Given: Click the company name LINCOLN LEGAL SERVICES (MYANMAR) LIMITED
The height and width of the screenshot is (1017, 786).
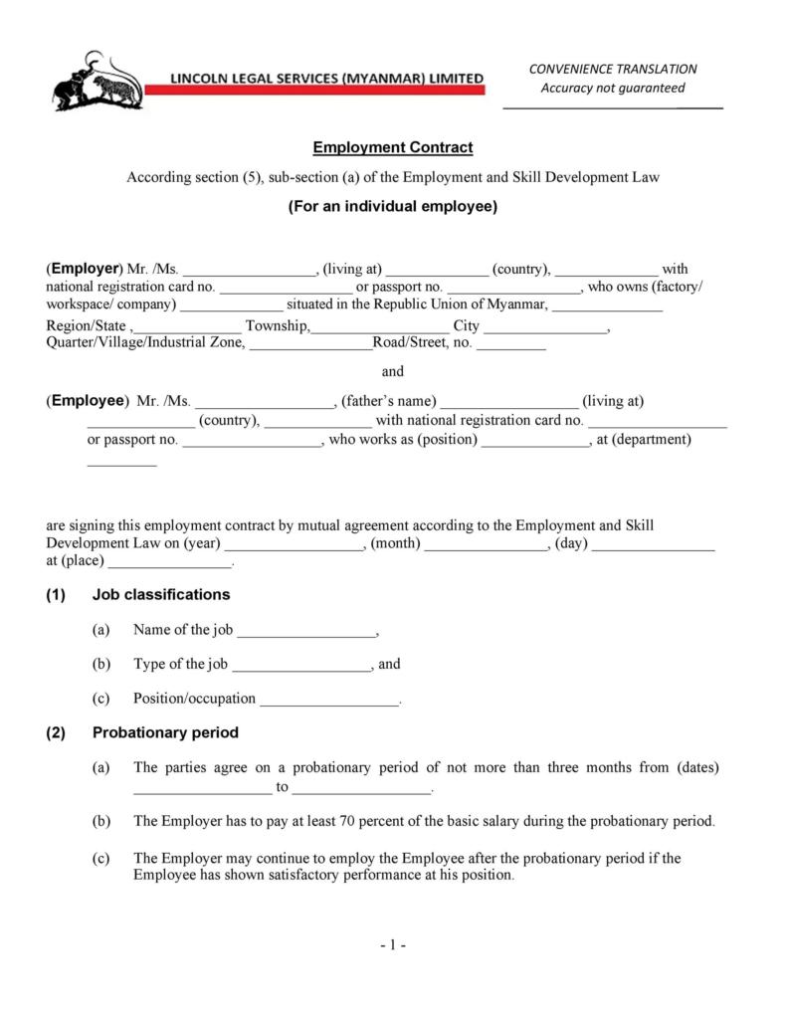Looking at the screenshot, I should click(327, 78).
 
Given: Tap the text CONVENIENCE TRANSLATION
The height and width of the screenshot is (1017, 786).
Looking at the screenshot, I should click(612, 69).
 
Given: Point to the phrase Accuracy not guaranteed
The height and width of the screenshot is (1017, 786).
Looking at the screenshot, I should click(612, 88).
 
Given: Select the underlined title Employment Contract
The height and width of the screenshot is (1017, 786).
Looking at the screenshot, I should click(392, 148).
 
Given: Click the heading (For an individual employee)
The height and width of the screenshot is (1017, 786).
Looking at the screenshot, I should click(392, 207).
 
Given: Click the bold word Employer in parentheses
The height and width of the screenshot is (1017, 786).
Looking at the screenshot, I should click(85, 269).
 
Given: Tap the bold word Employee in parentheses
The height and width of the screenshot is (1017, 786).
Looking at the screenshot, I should click(88, 401).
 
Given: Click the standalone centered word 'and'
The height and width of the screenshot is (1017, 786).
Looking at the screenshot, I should click(393, 371).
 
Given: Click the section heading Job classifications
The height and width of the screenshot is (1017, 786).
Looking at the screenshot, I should click(161, 595).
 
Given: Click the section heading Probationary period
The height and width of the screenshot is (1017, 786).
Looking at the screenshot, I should click(165, 733).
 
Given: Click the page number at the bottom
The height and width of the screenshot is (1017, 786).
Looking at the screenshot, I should click(392, 945).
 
